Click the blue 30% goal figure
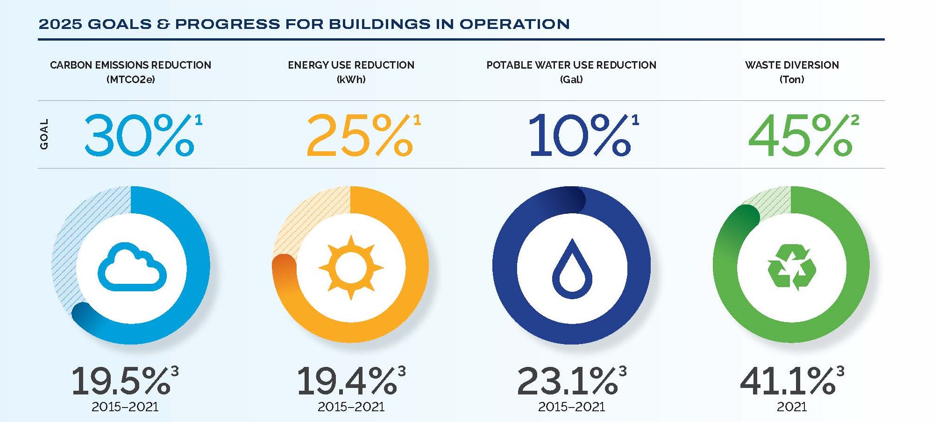139,135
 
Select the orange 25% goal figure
360,135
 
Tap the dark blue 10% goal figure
580,135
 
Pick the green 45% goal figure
800,135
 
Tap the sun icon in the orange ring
351,267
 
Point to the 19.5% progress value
121,381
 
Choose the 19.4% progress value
347,381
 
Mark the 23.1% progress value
567,381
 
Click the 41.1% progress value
788,381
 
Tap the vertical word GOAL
44,134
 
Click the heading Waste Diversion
792,65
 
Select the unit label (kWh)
351,79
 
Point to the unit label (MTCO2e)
130,79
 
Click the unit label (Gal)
571,79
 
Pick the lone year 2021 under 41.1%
791,407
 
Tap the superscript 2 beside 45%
855,120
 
